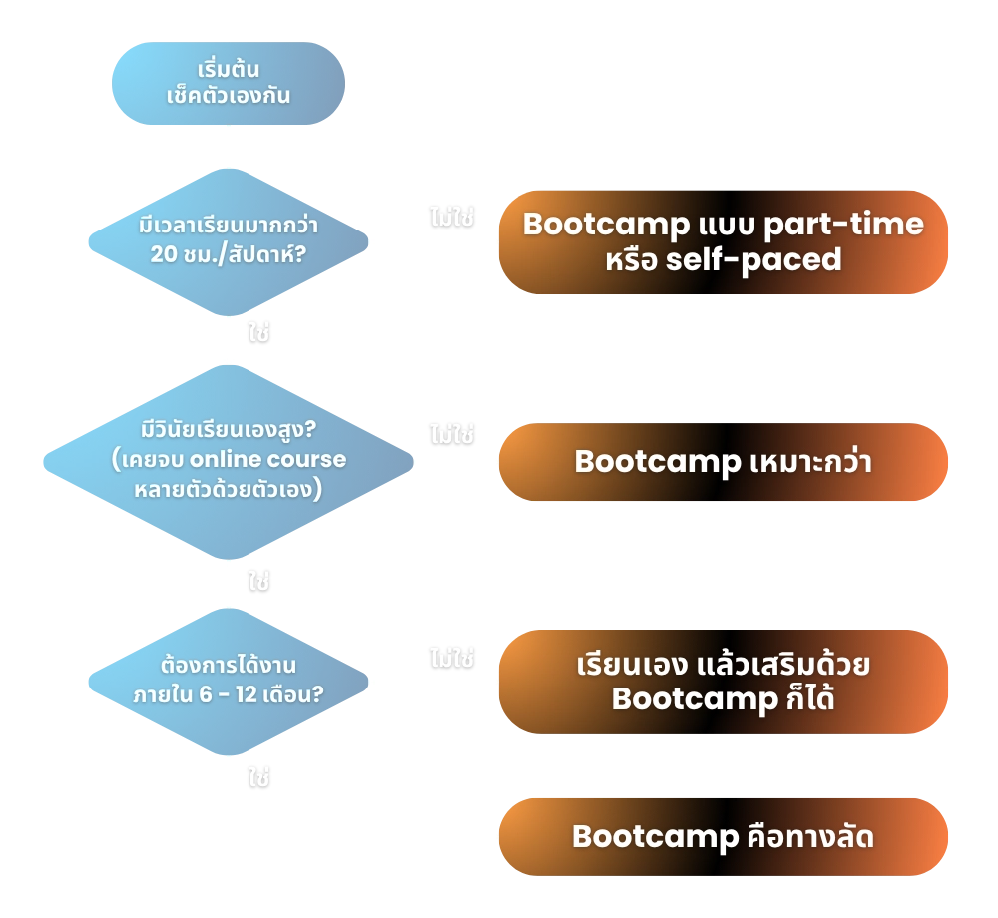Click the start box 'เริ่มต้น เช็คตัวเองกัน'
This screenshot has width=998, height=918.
229,84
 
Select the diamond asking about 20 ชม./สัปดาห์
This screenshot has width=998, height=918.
229,241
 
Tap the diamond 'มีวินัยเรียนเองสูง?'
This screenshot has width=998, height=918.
229,460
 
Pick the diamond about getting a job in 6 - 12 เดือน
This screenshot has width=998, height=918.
229,682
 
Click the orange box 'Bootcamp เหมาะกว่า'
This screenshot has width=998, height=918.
723,462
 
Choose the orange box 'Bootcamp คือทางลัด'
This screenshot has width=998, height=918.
723,836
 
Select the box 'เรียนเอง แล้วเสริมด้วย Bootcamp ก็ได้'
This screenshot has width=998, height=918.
723,682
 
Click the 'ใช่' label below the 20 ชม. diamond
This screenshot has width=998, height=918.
258,332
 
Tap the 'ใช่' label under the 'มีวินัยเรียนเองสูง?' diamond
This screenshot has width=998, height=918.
258,581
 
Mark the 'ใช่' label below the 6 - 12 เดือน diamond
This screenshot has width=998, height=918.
258,778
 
